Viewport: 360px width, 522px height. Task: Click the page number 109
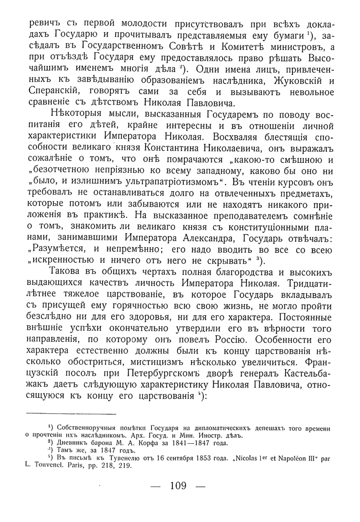tap(178, 486)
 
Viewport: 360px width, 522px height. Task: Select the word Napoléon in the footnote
tap(292, 458)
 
